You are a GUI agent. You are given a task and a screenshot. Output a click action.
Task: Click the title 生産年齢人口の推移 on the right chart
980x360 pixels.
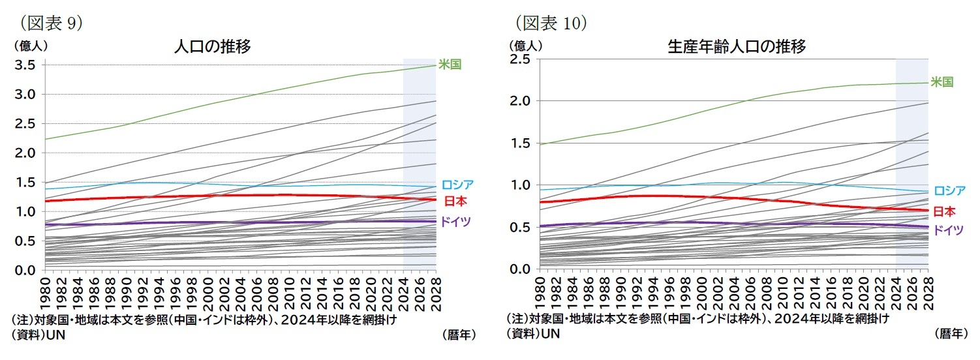(737, 47)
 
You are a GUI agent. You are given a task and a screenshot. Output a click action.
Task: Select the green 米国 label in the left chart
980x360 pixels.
(450, 65)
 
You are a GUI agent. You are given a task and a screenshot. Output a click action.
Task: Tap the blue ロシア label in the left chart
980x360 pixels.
(457, 185)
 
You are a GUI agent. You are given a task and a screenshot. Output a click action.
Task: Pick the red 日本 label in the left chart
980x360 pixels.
(455, 201)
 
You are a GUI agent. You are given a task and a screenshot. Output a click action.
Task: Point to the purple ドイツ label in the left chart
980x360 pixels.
(455, 222)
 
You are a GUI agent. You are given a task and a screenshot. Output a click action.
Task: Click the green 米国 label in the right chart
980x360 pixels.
(942, 82)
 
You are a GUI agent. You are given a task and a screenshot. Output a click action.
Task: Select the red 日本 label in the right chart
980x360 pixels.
(944, 211)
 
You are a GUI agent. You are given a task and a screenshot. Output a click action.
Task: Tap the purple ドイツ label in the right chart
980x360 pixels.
(948, 230)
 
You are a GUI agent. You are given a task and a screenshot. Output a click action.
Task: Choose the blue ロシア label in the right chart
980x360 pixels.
(949, 191)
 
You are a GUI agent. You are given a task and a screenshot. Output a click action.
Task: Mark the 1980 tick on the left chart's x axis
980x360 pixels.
(46, 292)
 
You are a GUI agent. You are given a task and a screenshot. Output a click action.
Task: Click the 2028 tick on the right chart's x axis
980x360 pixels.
(928, 292)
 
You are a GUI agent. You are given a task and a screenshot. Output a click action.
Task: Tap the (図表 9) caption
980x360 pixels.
(51, 23)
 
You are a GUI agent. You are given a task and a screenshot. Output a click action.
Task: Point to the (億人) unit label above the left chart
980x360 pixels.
(29, 46)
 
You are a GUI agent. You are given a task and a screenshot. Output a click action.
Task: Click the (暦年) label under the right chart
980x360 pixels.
(950, 334)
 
